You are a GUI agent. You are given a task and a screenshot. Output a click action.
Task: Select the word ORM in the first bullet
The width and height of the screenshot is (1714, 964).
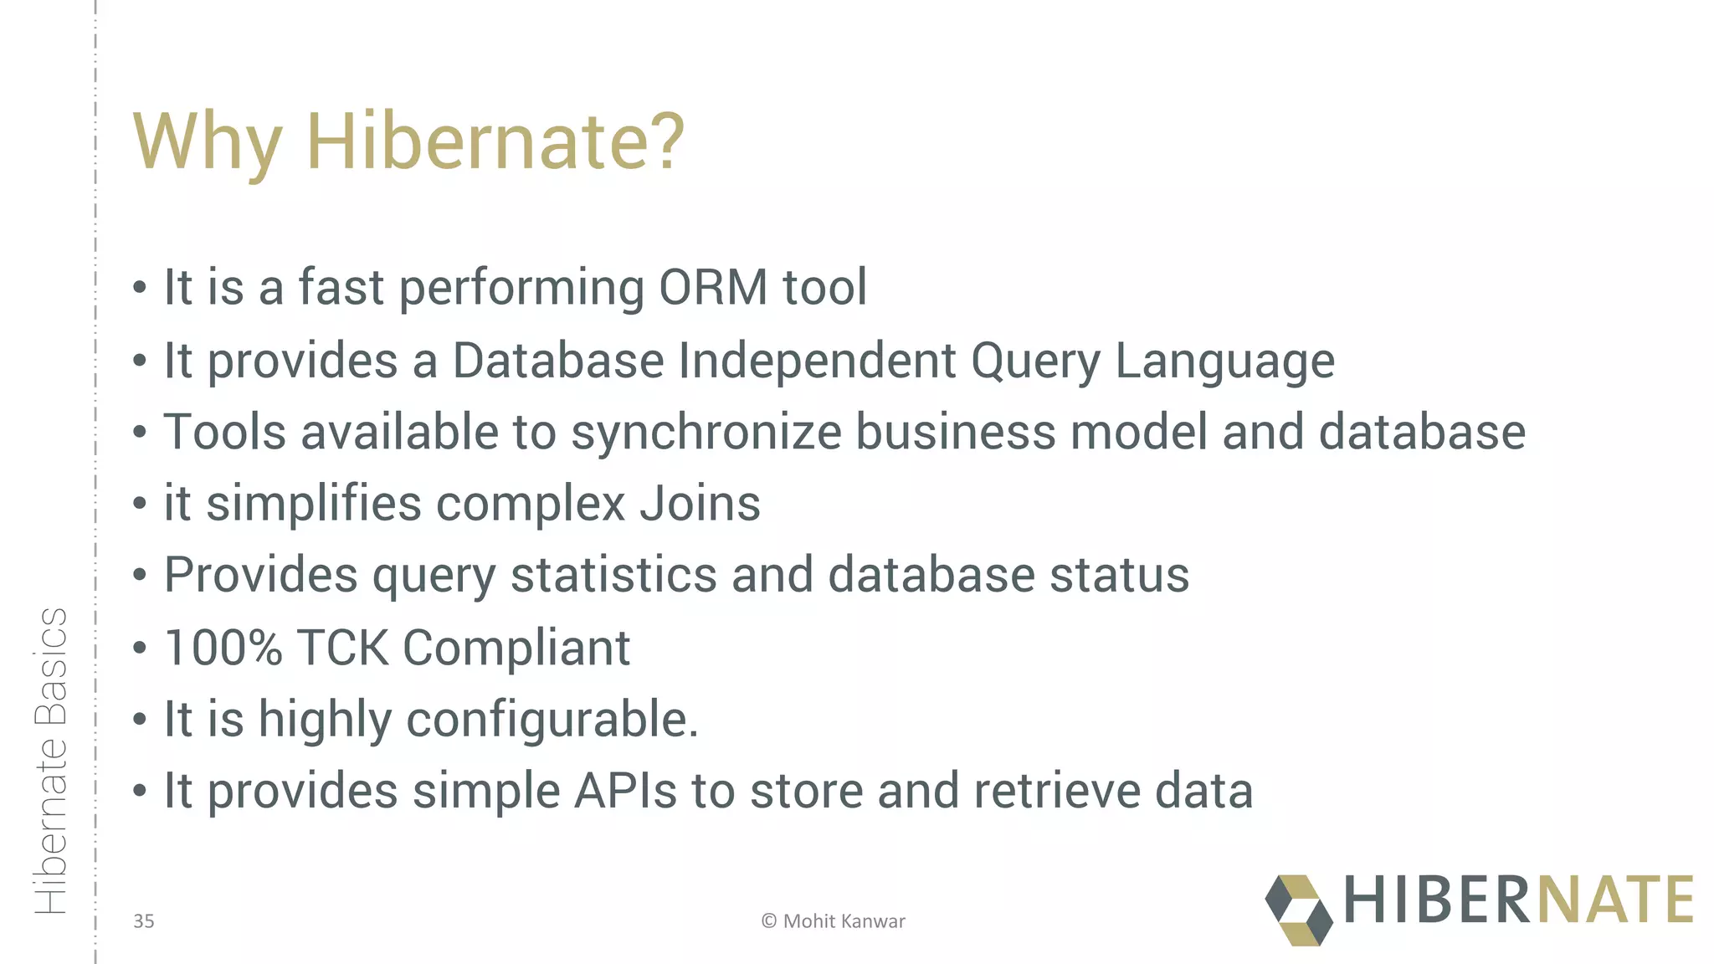point(713,288)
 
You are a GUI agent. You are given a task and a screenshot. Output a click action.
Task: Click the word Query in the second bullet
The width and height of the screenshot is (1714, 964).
point(1035,361)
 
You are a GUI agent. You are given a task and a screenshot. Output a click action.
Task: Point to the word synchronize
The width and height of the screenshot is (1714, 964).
point(706,433)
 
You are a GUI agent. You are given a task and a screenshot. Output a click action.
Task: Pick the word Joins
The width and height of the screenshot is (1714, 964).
point(700,504)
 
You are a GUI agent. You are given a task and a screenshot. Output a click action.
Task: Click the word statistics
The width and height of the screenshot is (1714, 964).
point(613,576)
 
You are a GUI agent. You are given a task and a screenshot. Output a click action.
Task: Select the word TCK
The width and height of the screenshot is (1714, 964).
point(342,648)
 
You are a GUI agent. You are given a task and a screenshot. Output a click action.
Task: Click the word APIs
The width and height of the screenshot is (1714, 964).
point(625,792)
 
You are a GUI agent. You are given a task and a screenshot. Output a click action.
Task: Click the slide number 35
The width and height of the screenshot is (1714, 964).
point(144,921)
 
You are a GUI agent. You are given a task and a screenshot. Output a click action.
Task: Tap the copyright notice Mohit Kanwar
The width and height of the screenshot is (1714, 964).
point(834,921)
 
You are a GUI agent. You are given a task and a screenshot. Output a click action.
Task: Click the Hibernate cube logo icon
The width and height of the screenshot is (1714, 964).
point(1298,910)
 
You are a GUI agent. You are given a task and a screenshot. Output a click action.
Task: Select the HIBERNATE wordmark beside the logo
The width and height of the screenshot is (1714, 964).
point(1518,900)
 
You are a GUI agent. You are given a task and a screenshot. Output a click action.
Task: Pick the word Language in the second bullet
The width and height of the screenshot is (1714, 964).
point(1224,361)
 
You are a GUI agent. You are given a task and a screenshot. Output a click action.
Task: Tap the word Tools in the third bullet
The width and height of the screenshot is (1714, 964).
point(224,433)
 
